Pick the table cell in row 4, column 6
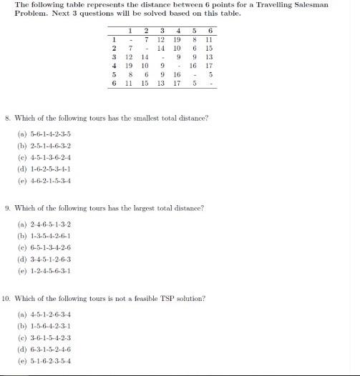click(x=208, y=64)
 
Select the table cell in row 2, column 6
click(x=208, y=47)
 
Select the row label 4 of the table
click(x=114, y=64)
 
